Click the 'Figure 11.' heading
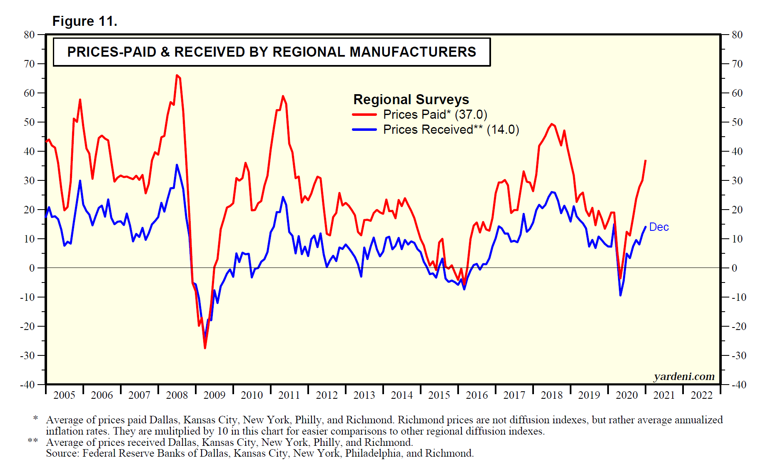85,21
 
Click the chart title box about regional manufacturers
272,52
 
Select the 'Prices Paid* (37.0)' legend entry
435,115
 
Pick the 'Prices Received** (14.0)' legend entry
451,130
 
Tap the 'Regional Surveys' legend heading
411,100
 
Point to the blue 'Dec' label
659,227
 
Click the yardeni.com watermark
684,376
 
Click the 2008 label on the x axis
177,395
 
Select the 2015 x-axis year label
439,395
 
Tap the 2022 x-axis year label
701,395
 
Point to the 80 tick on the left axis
29,35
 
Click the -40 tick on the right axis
739,385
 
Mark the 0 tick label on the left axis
32,268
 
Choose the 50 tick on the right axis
737,122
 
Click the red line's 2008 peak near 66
177,75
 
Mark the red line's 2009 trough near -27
205,348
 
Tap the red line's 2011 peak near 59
283,96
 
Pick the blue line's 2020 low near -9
620,295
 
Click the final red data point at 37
646,160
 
